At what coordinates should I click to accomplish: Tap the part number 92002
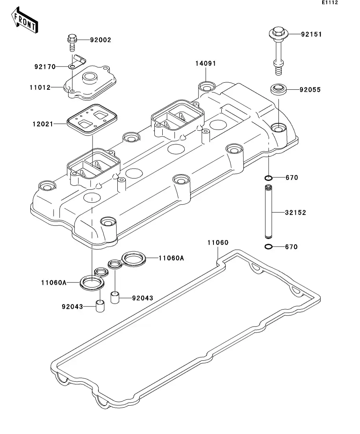pos(100,40)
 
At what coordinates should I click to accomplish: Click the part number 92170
pos(45,66)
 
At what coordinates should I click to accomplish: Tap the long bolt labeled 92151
pos(277,51)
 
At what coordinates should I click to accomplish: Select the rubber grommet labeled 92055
pos(278,89)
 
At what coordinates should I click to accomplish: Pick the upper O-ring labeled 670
pos(268,178)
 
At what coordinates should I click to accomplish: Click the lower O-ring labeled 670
pos(268,247)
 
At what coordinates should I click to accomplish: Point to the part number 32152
pos(296,212)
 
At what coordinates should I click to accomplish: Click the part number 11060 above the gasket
pos(218,242)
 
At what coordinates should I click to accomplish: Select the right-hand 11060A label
pos(171,258)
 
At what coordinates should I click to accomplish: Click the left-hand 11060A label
pos(53,282)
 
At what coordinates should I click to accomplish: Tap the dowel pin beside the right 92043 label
pos(115,297)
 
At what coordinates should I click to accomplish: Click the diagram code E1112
pos(330,3)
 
